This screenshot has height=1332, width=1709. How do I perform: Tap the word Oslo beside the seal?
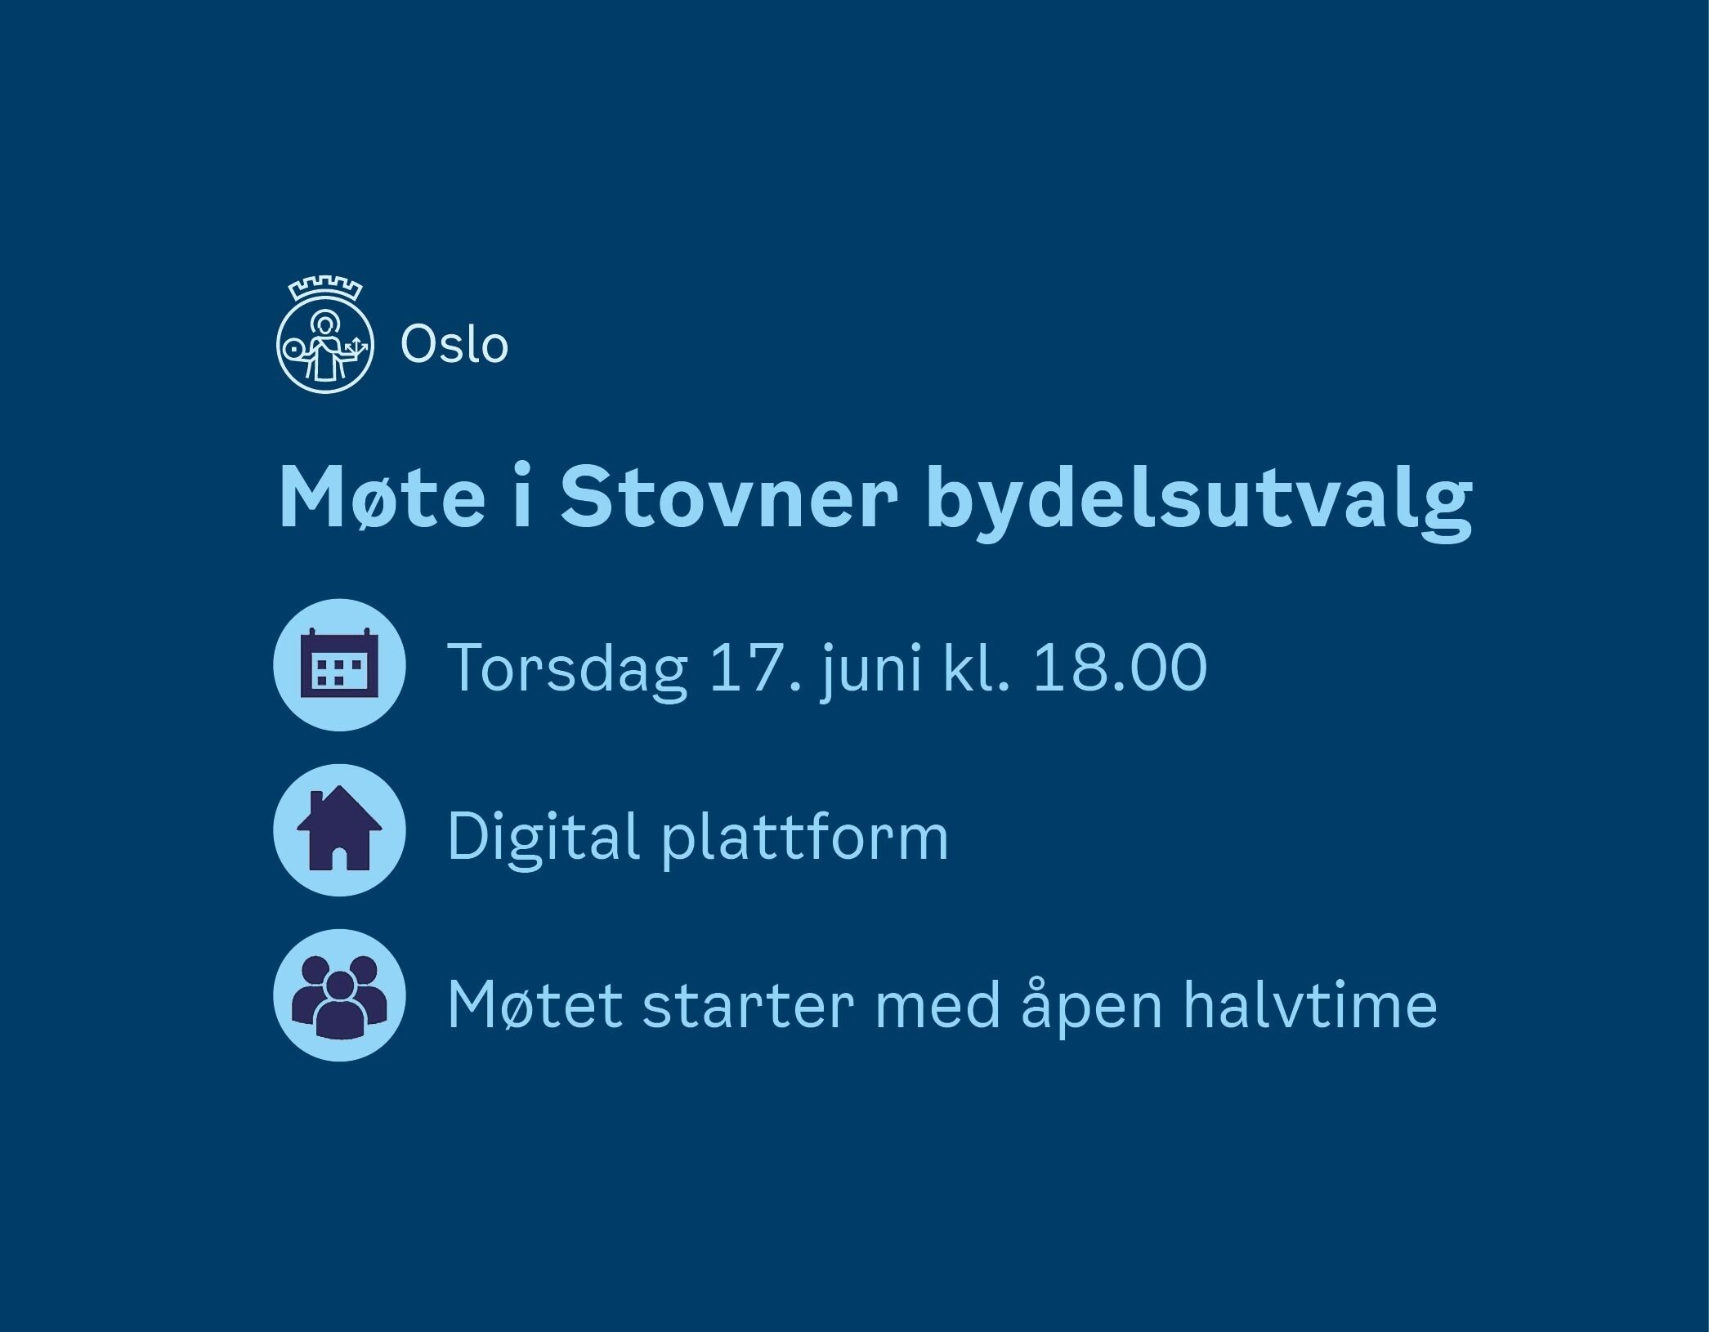click(454, 344)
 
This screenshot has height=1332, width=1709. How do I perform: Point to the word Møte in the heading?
click(382, 499)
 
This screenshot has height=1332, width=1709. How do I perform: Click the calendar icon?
click(339, 664)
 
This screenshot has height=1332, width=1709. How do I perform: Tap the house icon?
click(339, 829)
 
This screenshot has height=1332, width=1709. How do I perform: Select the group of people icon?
click(339, 995)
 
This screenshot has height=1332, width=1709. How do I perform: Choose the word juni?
click(872, 671)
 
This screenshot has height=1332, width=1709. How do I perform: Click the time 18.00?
click(1120, 668)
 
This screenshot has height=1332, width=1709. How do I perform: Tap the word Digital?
click(543, 837)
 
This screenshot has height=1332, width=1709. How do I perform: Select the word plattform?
click(805, 837)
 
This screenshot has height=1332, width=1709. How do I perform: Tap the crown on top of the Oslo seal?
click(325, 289)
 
